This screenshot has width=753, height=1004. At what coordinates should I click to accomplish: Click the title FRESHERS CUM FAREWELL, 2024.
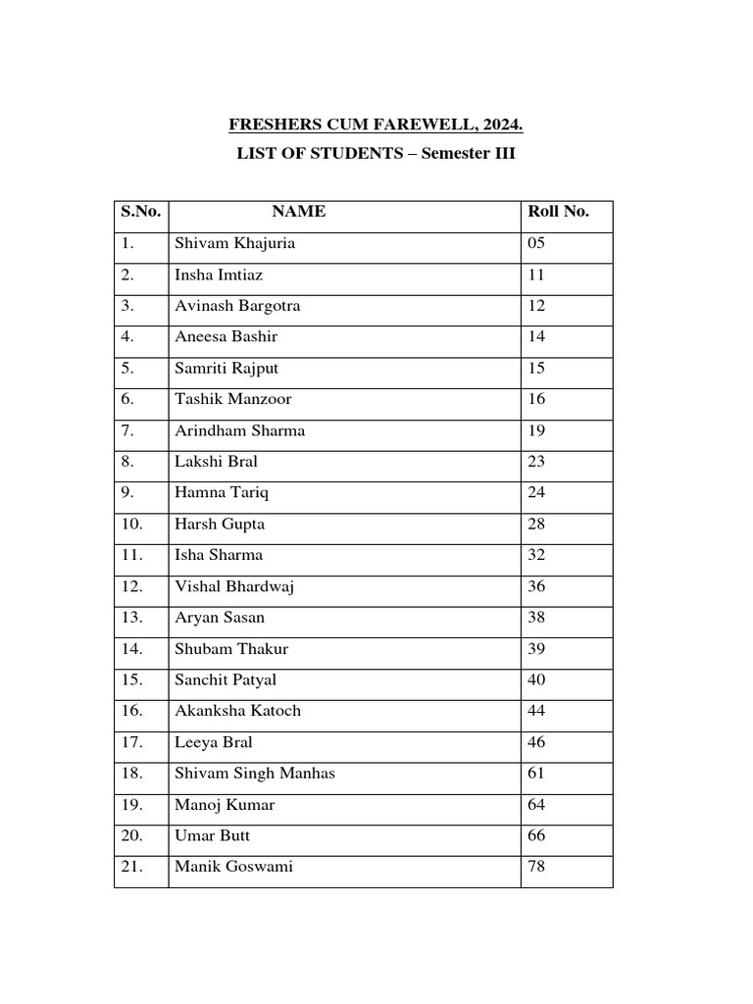(x=376, y=125)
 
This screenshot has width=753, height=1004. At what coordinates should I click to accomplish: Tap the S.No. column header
(x=141, y=212)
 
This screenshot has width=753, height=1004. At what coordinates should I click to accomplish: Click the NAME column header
(x=298, y=212)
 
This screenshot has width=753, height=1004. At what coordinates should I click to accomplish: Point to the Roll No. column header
(x=558, y=212)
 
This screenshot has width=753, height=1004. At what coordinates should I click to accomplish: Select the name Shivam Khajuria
(x=233, y=243)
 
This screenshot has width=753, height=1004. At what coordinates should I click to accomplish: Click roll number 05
(x=536, y=243)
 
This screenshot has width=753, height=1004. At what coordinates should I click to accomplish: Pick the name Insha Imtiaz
(x=219, y=275)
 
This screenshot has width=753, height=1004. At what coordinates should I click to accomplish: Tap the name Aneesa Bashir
(x=226, y=336)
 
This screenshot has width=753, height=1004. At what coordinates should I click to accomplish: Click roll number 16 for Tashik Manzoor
(x=536, y=399)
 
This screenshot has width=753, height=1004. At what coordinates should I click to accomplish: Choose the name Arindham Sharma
(x=239, y=430)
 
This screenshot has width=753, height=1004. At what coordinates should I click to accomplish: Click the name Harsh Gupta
(x=219, y=524)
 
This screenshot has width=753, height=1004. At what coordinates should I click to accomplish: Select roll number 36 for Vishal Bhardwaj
(x=536, y=586)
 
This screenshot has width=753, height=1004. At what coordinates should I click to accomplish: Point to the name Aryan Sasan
(x=219, y=618)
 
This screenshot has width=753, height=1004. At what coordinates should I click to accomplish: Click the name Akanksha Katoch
(x=237, y=711)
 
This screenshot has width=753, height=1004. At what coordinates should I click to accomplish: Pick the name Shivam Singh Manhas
(x=254, y=774)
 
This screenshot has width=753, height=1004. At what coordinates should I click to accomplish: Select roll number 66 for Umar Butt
(x=536, y=835)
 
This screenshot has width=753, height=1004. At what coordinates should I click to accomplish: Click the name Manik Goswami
(x=233, y=867)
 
